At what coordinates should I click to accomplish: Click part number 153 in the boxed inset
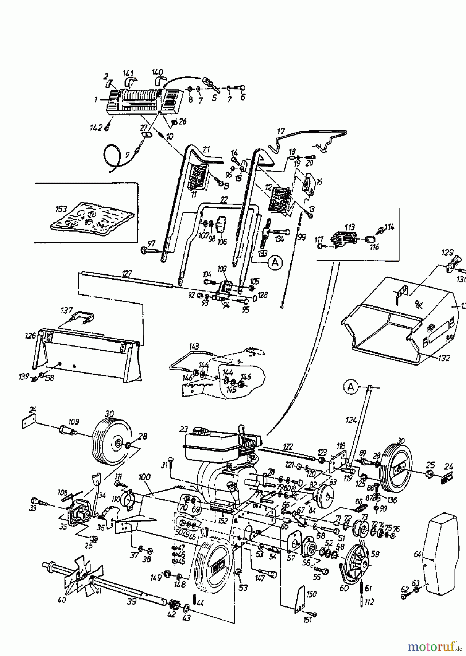pos(61,209)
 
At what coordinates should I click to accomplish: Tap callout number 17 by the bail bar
pos(281,132)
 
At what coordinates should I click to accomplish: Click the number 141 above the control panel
pos(128,73)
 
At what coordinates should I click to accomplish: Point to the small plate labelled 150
pos(302,597)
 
